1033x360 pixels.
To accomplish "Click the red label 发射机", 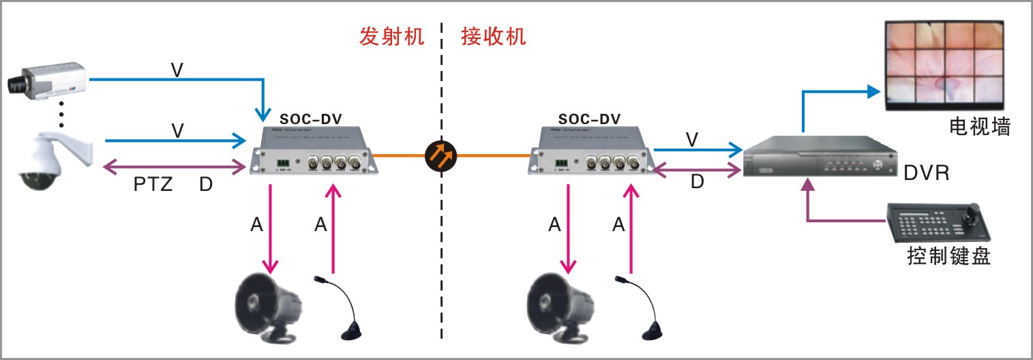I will click(x=392, y=36).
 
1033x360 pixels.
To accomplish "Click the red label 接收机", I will click(x=493, y=36).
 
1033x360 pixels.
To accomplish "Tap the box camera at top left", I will click(x=46, y=79).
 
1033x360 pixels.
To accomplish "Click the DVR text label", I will click(x=926, y=174).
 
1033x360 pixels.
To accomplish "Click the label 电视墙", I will click(x=979, y=126).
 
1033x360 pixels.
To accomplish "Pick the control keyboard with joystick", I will click(x=940, y=222).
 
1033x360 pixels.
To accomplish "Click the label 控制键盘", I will click(x=948, y=257).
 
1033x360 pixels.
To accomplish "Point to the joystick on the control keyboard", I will click(x=970, y=213).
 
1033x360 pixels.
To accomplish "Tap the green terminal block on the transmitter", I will click(x=282, y=163).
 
